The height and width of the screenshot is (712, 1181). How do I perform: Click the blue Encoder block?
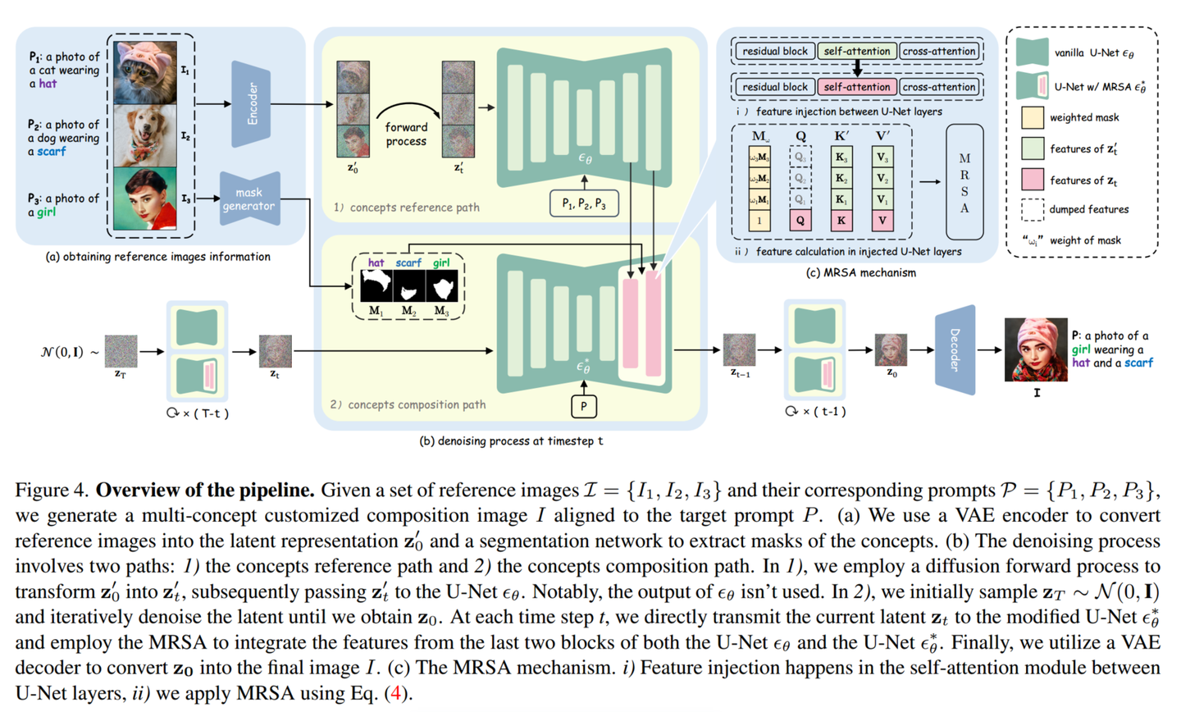tap(251, 103)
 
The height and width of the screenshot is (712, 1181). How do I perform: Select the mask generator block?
tap(249, 199)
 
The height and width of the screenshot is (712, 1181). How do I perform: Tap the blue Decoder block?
tap(955, 350)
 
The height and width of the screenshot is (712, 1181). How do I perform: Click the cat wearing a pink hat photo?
tap(145, 72)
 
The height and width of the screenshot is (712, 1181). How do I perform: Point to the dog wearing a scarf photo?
tap(145, 135)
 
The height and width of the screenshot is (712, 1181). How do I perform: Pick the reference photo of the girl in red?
tap(145, 199)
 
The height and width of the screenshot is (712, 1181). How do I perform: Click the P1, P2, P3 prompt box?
tap(584, 203)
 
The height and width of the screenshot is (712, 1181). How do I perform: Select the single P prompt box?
tap(584, 405)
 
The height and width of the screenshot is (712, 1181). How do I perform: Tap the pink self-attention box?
tap(856, 87)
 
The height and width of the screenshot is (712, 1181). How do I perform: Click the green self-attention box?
tap(856, 51)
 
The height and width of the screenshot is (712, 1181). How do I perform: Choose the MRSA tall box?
tap(964, 181)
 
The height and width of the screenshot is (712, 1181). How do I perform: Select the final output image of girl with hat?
tap(1035, 350)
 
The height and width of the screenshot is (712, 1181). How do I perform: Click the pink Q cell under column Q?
tap(800, 220)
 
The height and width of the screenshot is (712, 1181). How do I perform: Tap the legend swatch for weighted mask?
tap(1032, 117)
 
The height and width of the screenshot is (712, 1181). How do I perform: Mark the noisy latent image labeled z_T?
tap(121, 351)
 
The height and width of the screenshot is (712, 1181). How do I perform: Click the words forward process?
tap(406, 134)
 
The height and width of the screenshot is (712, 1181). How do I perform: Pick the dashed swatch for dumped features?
tap(1032, 210)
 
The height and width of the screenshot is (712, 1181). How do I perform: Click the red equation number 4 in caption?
tap(397, 693)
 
